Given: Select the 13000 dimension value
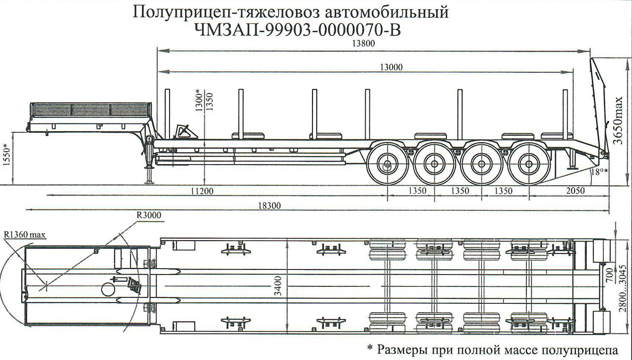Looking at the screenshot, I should (x=391, y=67).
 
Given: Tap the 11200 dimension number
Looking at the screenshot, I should (x=202, y=191).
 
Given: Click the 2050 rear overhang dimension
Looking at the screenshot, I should (x=575, y=191).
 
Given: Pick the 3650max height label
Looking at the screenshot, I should (x=618, y=121).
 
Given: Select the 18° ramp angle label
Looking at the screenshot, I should (x=599, y=172).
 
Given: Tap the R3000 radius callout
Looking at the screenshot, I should (x=149, y=215).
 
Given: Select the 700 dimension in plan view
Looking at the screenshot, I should (x=609, y=275).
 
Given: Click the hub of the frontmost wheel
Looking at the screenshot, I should (x=386, y=164).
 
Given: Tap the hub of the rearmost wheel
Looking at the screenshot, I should (x=528, y=164).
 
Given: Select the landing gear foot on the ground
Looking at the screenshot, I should (x=149, y=182).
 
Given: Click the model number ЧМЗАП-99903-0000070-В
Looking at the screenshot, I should (x=298, y=30).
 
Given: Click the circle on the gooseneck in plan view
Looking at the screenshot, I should (x=108, y=290).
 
